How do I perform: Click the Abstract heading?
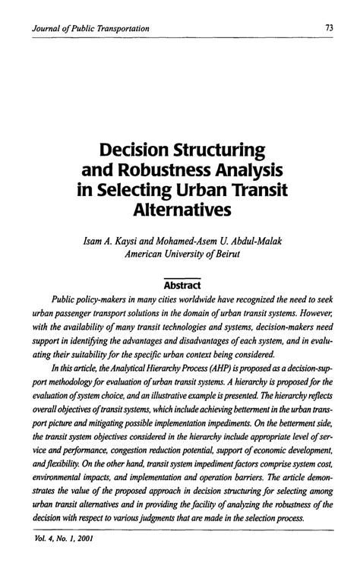coord(180,283)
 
